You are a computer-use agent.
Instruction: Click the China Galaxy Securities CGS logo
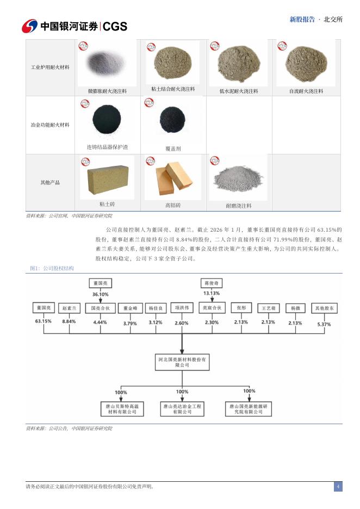click(x=74, y=26)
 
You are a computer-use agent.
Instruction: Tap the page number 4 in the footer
click(x=338, y=486)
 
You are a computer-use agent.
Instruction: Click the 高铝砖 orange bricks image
click(x=173, y=178)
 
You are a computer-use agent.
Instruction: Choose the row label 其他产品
click(x=50, y=183)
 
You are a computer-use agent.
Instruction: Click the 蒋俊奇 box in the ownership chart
click(x=212, y=283)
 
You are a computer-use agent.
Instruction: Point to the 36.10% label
click(x=100, y=294)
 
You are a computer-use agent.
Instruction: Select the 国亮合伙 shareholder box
click(x=100, y=308)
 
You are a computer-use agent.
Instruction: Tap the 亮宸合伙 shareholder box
click(x=212, y=308)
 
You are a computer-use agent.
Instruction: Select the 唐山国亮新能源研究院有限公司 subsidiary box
click(x=249, y=409)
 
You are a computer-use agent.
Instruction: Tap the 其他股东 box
click(x=324, y=308)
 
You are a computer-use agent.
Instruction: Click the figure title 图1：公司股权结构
click(x=52, y=269)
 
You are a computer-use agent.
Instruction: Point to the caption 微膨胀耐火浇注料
click(x=107, y=91)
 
